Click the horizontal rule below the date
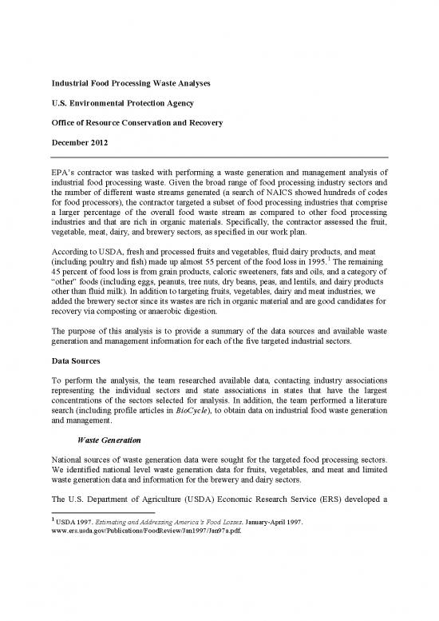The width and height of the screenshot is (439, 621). (x=219, y=157)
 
